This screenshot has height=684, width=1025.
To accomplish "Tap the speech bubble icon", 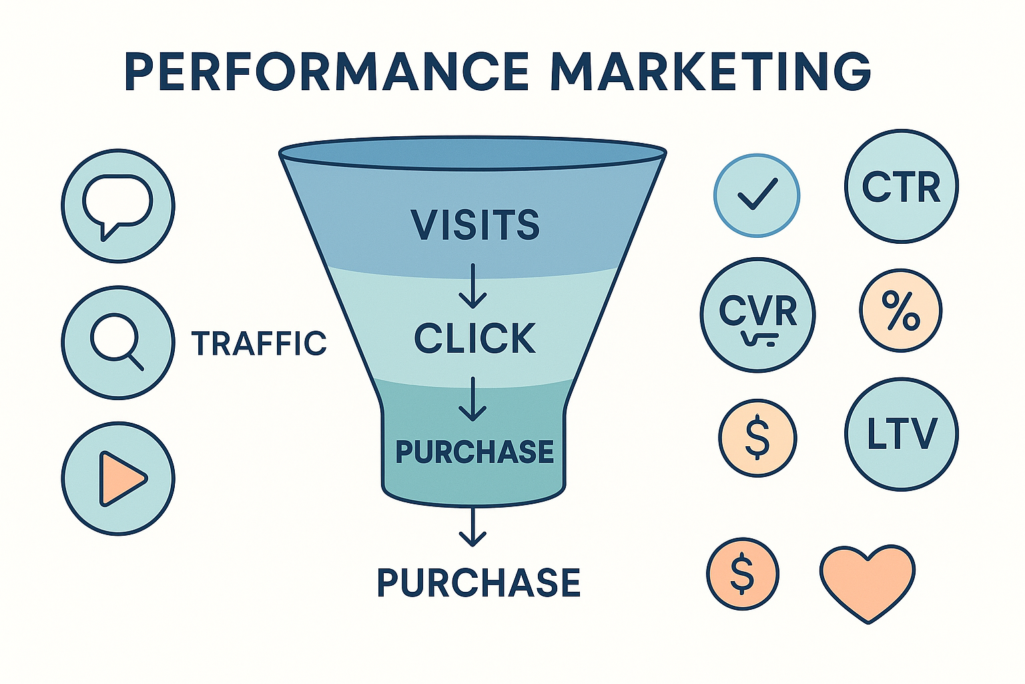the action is tap(117, 206).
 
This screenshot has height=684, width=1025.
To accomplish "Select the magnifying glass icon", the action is tap(117, 343).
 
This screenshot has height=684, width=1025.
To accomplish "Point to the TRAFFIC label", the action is tap(259, 343).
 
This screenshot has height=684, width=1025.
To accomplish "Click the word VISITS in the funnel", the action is tap(475, 224).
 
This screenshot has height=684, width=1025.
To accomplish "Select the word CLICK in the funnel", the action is tap(474, 338).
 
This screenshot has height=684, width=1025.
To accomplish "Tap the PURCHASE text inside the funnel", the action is tap(474, 452).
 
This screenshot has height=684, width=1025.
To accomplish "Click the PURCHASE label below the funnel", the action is tap(478, 582).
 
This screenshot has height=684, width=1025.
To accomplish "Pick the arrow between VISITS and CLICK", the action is tap(472, 285).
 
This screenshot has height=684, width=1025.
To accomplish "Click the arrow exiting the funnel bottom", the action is tap(472, 527).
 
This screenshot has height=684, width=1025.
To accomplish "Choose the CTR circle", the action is tap(901, 186).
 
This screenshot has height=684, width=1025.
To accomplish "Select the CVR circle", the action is tap(757, 315).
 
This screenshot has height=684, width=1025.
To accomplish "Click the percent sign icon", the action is tap(900, 311).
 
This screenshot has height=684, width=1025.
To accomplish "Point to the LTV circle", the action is tap(901, 434).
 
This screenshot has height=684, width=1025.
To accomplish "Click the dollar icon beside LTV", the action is tap(757, 438).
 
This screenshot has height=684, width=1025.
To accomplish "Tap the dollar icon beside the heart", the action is tap(742, 574).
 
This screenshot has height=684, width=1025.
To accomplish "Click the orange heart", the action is tap(867, 584).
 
